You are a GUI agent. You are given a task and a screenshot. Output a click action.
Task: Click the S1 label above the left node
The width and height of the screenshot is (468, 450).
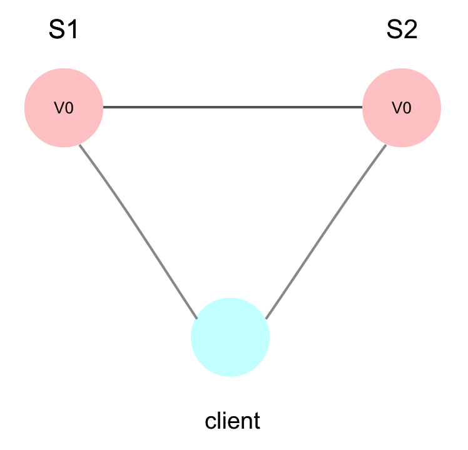[x=63, y=30]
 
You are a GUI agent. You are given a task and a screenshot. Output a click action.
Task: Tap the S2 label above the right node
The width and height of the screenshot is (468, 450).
[x=401, y=30]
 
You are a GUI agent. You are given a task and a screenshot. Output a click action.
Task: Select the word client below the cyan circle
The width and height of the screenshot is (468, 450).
[x=232, y=421]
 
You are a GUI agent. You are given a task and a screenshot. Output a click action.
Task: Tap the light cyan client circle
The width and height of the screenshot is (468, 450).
[x=230, y=337]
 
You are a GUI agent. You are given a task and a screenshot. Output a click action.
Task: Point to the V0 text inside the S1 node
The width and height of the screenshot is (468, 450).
[x=64, y=108]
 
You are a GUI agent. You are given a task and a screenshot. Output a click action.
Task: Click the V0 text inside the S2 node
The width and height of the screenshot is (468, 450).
[x=402, y=108]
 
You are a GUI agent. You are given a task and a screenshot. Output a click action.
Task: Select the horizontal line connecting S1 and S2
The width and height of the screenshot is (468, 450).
[x=233, y=108]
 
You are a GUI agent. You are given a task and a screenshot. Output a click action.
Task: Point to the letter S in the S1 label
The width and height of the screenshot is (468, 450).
[x=56, y=30]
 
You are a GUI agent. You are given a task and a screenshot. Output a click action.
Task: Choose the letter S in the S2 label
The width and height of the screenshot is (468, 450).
[x=394, y=30]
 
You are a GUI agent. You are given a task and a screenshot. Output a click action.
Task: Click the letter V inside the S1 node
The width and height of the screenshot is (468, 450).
[x=59, y=108]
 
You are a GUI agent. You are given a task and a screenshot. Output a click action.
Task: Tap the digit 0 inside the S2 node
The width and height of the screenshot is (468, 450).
[x=407, y=108]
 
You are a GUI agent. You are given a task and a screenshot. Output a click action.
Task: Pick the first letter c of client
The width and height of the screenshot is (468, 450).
[x=210, y=422]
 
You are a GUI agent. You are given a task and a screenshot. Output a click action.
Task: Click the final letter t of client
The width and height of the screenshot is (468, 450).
[x=256, y=421]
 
